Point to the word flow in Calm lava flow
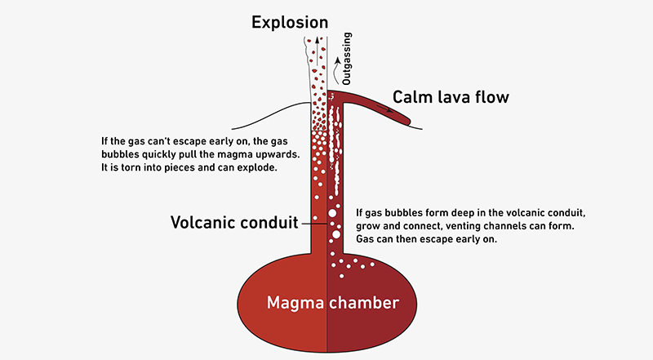pos(490,97)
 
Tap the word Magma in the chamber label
pos(296,303)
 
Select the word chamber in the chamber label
pos(364,303)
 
